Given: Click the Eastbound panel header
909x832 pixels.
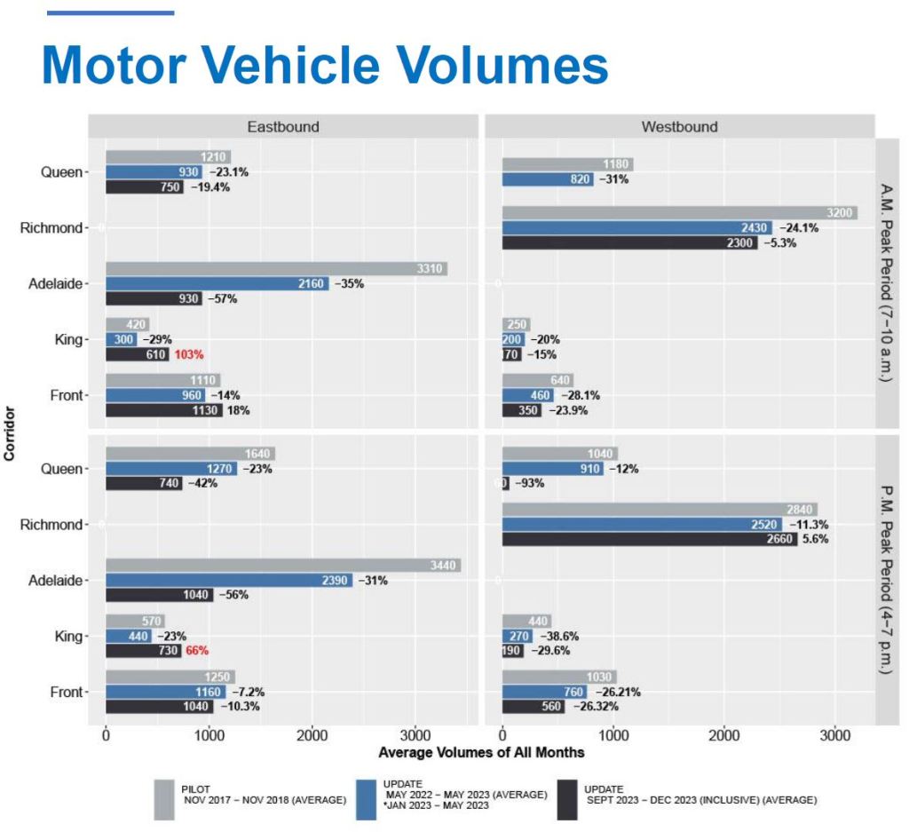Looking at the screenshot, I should tap(282, 126).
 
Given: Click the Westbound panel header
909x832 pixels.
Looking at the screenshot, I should tap(679, 126).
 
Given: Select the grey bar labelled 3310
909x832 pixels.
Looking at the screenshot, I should tap(276, 269).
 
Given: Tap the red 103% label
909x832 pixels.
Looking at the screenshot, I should tap(189, 354).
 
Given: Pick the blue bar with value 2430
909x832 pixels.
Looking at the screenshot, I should tap(636, 227).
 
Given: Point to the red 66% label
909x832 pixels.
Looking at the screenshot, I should tap(196, 650).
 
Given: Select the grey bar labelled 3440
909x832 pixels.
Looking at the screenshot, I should tap(282, 566).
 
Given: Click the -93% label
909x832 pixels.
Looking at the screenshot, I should tap(530, 483).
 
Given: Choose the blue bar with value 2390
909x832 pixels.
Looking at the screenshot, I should tap(228, 580).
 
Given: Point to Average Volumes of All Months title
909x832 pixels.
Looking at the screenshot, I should tap(481, 752).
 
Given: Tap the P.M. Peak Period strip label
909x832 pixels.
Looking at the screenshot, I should tap(889, 581).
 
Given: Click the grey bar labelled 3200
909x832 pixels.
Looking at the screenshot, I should tap(679, 213).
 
